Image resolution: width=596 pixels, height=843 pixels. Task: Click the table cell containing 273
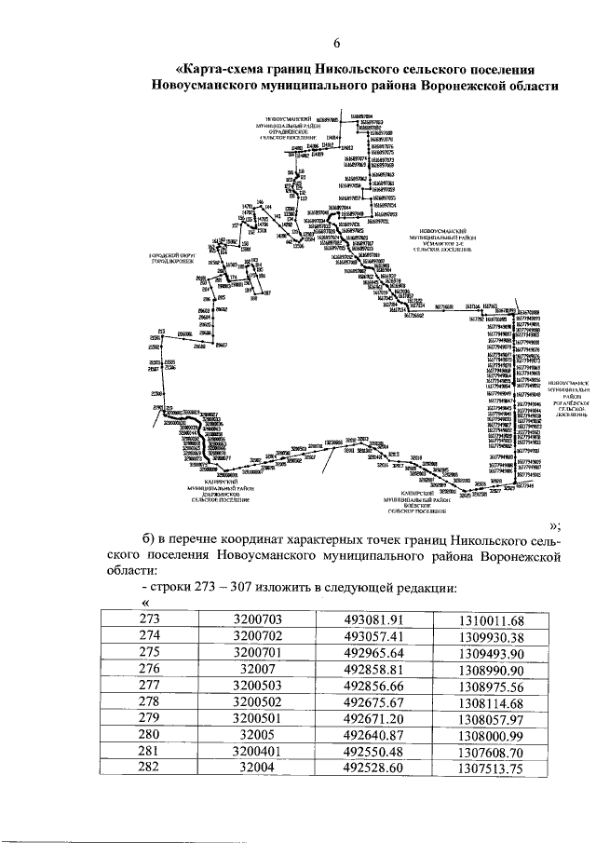click(150, 619)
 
